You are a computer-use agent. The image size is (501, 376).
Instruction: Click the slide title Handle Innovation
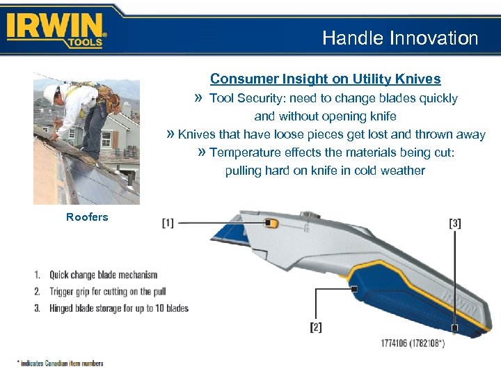click(400, 38)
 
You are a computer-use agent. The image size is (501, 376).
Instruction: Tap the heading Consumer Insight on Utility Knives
click(325, 79)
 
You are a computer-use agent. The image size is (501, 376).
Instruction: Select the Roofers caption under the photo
click(87, 217)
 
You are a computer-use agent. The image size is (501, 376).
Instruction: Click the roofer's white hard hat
click(50, 91)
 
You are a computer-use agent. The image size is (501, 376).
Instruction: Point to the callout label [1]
click(168, 223)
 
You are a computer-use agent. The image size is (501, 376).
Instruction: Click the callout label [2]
click(316, 327)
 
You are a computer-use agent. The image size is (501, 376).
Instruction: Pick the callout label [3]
click(455, 224)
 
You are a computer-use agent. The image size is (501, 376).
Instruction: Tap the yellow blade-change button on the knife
click(272, 223)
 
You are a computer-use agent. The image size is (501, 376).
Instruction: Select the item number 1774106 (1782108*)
click(413, 343)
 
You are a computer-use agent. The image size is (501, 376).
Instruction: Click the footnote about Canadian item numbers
click(61, 363)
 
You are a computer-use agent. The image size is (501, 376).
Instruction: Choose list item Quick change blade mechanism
click(103, 275)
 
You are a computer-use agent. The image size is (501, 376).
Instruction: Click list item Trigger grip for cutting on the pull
click(107, 292)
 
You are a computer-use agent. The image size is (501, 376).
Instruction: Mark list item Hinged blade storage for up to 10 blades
click(118, 308)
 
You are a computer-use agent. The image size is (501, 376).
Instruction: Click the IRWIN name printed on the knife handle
click(466, 306)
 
